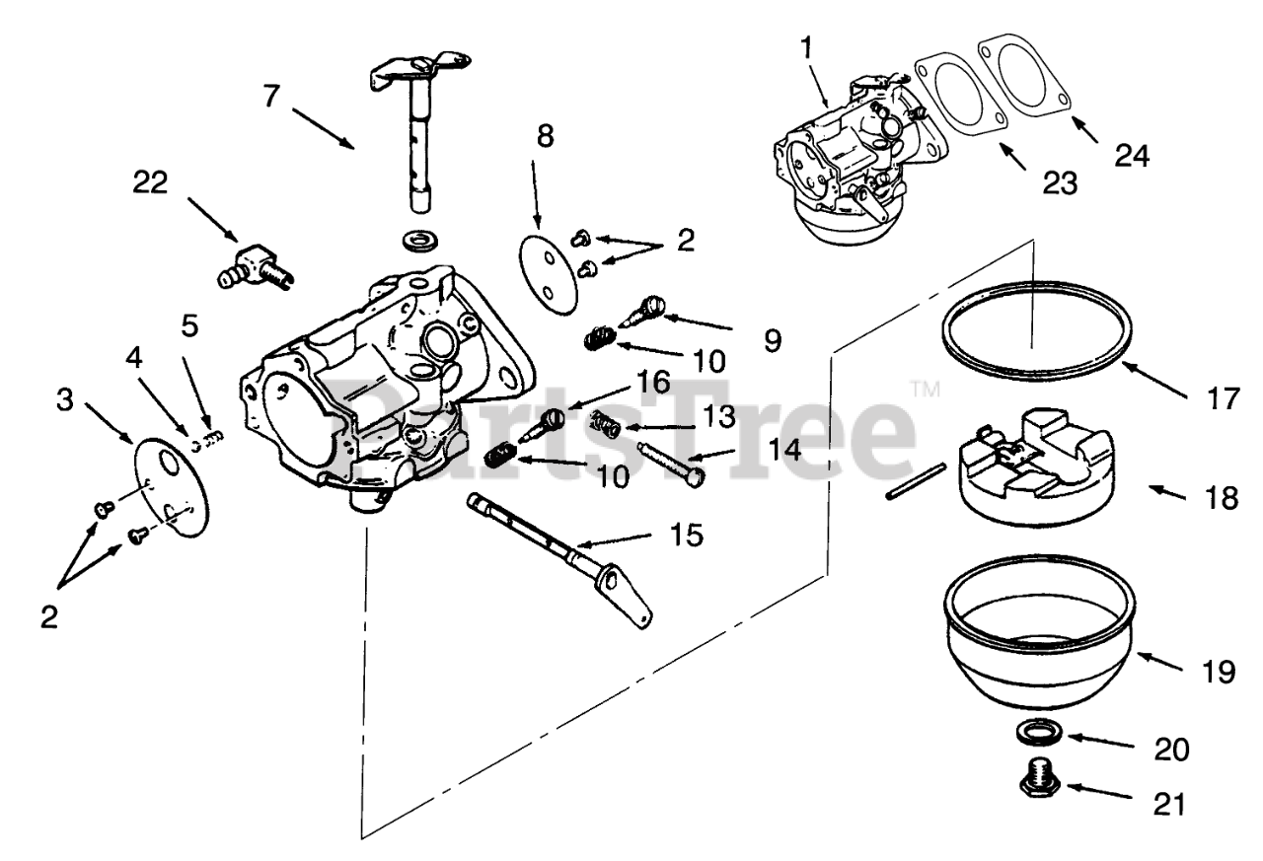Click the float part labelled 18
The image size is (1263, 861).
pos(1036,459)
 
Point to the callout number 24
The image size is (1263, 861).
pos(1132,155)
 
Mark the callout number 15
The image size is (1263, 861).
pos(687,535)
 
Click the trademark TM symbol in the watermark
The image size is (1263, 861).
pos(925,389)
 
